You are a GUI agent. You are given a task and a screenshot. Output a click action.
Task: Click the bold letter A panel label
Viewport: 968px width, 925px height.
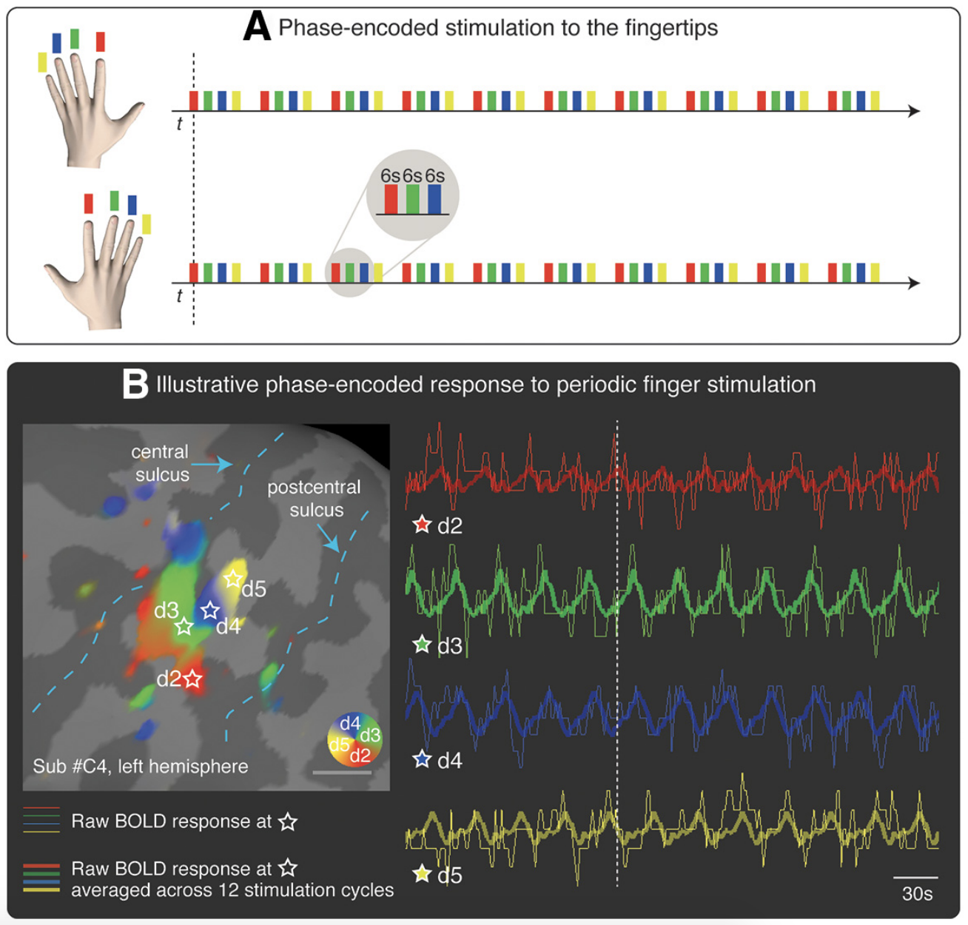257,27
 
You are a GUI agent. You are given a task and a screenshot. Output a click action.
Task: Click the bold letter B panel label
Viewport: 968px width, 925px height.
135,385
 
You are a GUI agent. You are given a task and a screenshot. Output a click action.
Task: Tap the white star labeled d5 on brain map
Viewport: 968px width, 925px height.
233,578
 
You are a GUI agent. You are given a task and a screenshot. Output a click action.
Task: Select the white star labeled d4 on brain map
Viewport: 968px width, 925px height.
210,610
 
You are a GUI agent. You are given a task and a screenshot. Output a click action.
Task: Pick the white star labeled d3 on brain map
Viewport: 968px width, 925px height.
184,627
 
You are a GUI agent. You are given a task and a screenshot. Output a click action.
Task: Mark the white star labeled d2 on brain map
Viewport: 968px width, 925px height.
193,679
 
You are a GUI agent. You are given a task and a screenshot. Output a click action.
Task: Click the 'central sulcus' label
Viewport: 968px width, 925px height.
161,462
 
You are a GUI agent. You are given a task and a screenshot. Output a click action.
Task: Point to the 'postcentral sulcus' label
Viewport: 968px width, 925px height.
315,498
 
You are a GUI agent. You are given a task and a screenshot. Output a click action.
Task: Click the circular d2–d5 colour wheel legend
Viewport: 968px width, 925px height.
354,739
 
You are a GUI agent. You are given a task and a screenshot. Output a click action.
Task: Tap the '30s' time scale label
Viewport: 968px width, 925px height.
917,893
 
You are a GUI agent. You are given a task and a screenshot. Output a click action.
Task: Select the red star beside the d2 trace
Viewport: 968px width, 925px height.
422,525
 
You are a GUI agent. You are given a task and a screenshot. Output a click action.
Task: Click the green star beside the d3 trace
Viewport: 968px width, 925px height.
422,645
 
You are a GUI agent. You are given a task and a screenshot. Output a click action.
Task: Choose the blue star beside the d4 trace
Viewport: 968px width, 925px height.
422,759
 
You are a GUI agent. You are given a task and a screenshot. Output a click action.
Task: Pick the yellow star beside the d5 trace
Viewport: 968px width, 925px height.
422,875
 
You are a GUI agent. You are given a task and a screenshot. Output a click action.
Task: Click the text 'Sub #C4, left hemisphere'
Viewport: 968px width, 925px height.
141,766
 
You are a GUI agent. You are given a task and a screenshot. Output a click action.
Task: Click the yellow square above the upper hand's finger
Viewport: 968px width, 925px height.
42,62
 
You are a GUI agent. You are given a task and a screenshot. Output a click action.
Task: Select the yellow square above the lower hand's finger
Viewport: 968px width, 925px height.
147,223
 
